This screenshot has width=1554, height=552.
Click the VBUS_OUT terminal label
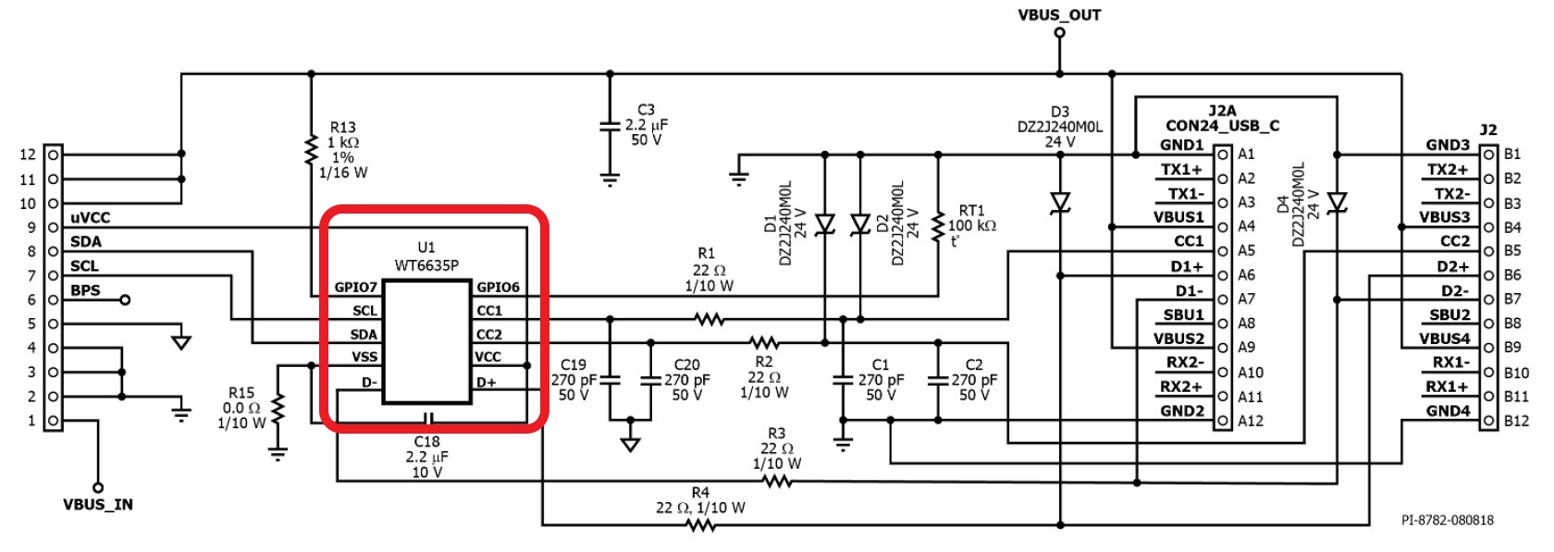(x=1058, y=15)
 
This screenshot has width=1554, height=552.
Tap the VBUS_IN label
(x=98, y=504)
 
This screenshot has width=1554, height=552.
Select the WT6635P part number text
(x=426, y=264)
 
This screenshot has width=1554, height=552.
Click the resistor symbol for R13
(x=311, y=150)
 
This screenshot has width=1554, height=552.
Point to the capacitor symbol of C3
(x=610, y=126)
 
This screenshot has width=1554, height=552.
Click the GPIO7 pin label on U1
(x=355, y=287)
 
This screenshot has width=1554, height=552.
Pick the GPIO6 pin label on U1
(x=498, y=287)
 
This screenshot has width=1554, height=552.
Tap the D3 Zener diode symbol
(x=1060, y=202)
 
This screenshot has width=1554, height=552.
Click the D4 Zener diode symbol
(x=1337, y=202)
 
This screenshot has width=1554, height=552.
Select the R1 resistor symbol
(x=709, y=319)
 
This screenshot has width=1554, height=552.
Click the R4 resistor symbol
(x=701, y=525)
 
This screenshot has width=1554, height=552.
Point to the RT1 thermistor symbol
(x=938, y=226)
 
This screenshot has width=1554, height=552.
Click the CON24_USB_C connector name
(x=1223, y=126)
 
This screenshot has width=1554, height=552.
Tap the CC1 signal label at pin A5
(x=1189, y=240)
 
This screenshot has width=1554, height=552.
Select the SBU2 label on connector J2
(x=1449, y=314)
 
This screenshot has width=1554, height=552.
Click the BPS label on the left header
(x=85, y=290)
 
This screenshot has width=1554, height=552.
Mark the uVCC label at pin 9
(x=91, y=218)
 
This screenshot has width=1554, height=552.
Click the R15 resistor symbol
(x=277, y=409)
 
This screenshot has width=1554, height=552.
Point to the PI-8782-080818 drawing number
(x=1447, y=520)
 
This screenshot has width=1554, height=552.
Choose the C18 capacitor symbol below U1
(x=428, y=419)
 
